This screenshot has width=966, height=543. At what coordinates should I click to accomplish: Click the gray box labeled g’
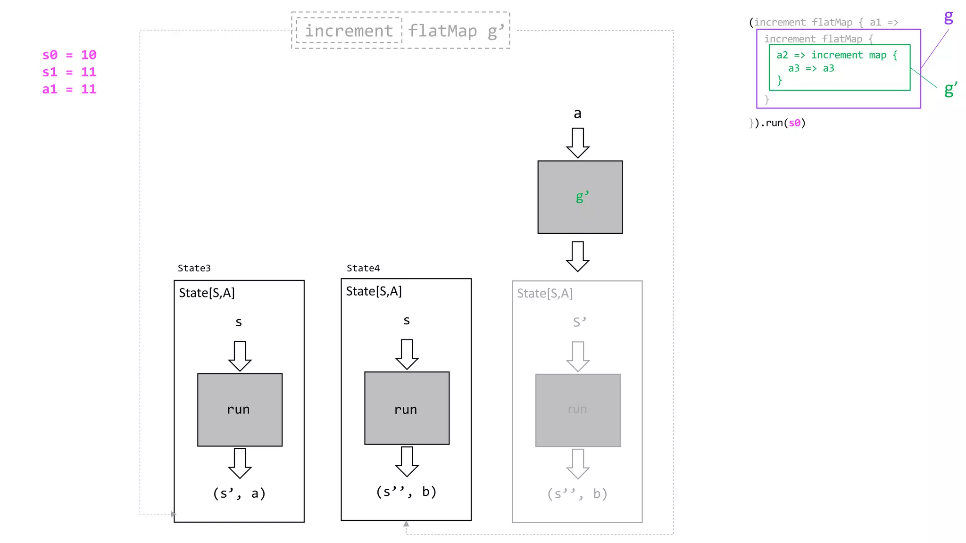click(x=580, y=197)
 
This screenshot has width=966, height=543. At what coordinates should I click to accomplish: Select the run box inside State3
click(x=240, y=410)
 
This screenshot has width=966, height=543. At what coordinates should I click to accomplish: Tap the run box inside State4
click(x=407, y=408)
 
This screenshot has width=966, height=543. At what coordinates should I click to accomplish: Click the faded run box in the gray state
click(x=578, y=410)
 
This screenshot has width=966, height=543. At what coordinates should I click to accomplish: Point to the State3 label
click(x=194, y=268)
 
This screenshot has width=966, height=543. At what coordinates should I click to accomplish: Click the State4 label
click(x=363, y=268)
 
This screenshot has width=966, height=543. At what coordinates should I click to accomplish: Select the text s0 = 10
click(x=69, y=55)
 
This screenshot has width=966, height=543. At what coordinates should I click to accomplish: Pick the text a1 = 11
click(x=69, y=89)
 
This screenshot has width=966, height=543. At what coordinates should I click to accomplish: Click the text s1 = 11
click(x=69, y=72)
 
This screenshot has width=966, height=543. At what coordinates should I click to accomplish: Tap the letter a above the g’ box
click(x=577, y=114)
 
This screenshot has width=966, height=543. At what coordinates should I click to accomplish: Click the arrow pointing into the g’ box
click(x=578, y=142)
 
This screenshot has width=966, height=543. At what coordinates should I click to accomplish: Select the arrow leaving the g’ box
click(x=578, y=256)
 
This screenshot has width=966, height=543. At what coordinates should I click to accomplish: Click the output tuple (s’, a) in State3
click(x=239, y=494)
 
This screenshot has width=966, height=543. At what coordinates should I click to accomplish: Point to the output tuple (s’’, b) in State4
click(x=406, y=492)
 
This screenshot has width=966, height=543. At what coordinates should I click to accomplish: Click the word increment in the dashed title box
click(x=349, y=31)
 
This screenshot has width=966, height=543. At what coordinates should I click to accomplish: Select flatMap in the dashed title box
click(x=442, y=31)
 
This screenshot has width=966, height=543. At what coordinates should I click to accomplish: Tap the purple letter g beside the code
click(x=948, y=17)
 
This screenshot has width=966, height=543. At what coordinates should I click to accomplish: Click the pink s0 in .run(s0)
click(x=794, y=123)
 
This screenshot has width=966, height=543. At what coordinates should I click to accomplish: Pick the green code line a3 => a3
click(x=811, y=68)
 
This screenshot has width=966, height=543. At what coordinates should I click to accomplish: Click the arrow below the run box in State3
click(x=240, y=463)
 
